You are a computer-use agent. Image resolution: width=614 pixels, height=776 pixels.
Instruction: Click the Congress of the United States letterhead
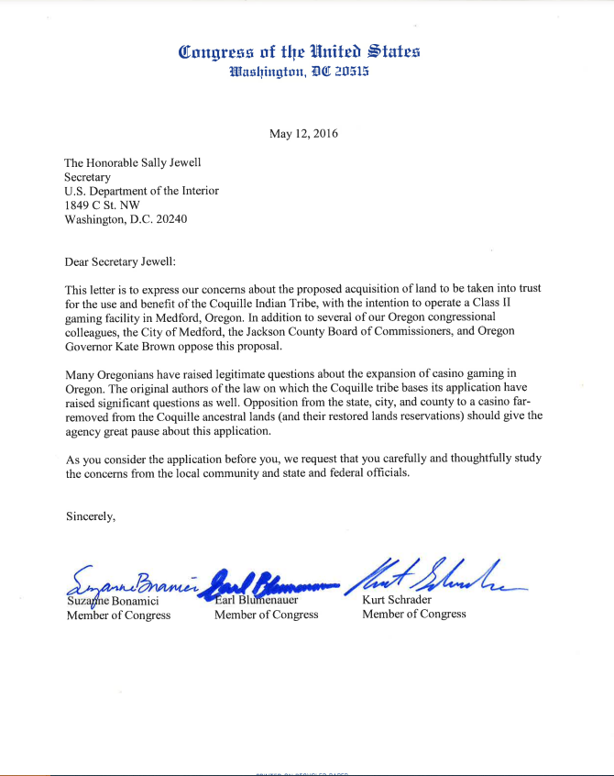click(300, 51)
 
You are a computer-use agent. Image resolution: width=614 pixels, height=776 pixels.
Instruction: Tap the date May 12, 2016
click(303, 134)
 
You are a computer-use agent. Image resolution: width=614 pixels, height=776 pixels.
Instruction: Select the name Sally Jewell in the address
click(168, 162)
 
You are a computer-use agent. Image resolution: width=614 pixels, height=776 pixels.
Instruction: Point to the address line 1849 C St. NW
click(102, 205)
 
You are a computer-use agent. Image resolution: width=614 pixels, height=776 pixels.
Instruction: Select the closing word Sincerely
click(90, 516)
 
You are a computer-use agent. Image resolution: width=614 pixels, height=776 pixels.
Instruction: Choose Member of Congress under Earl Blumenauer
click(266, 615)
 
